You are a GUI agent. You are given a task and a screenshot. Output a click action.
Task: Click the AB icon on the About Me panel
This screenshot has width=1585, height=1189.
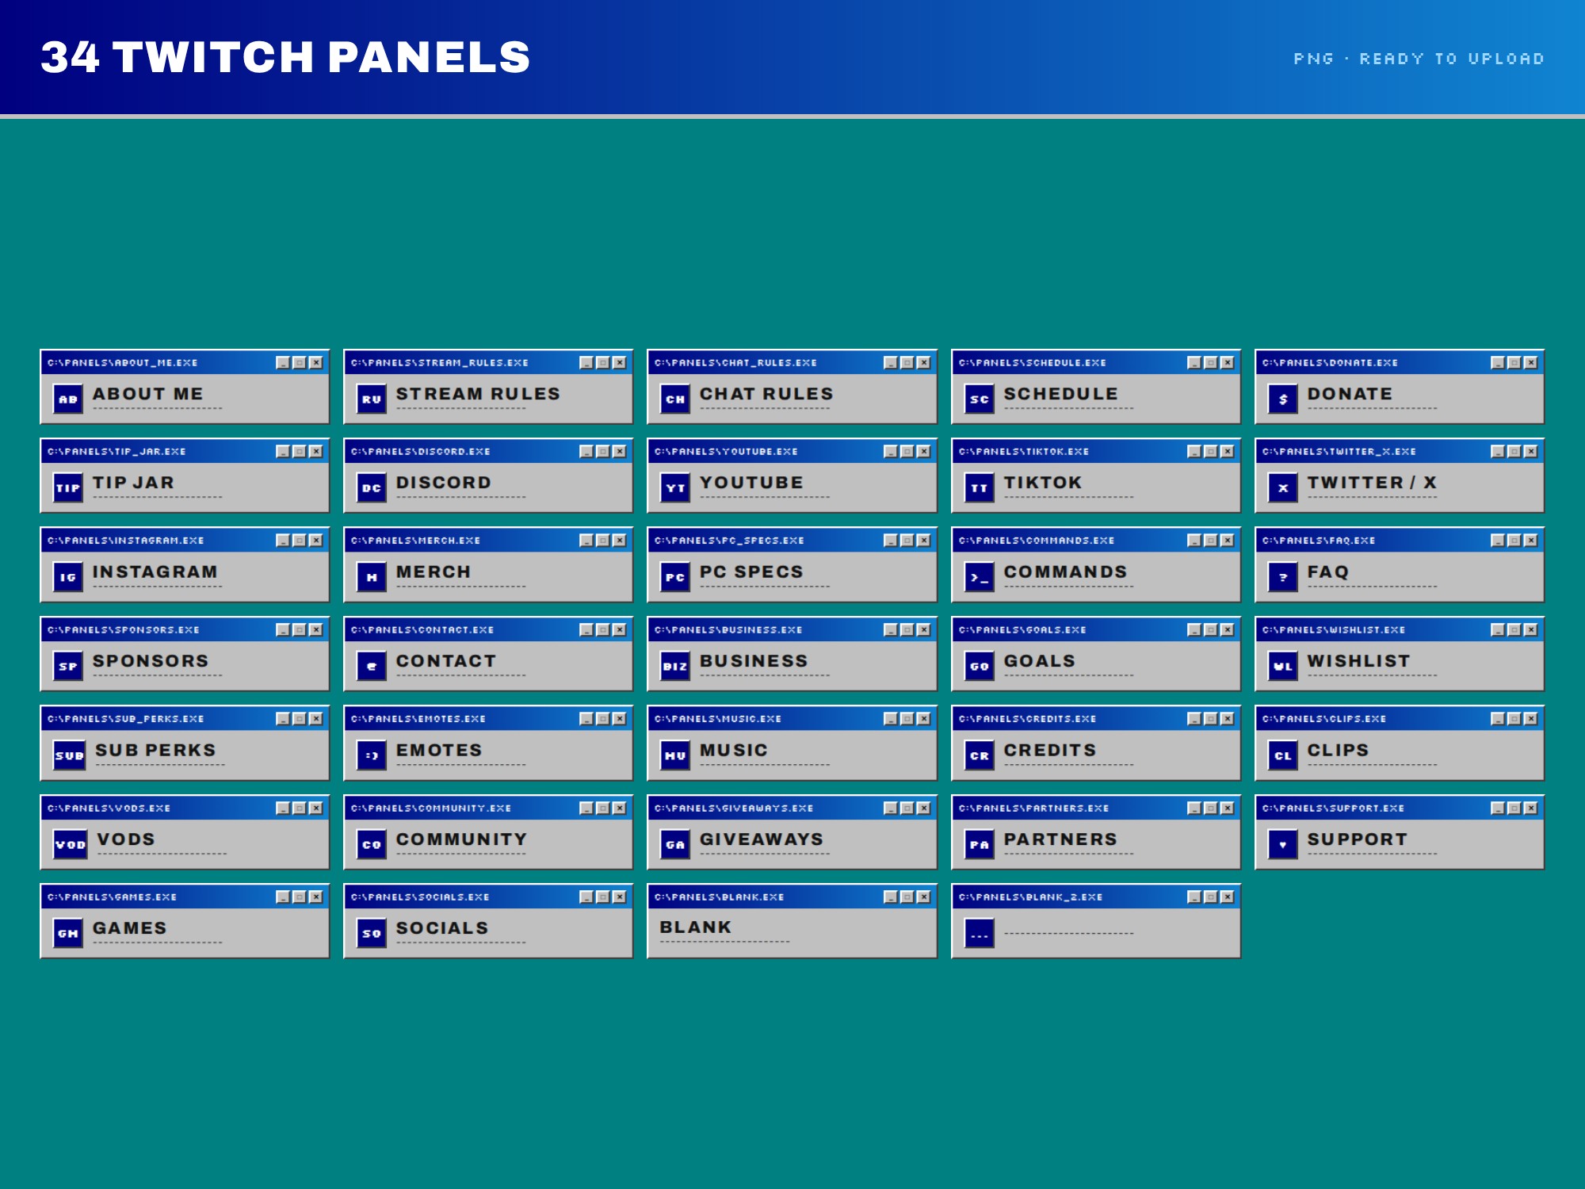tap(68, 399)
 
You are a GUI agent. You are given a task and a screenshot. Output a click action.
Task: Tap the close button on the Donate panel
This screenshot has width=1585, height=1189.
tap(1531, 362)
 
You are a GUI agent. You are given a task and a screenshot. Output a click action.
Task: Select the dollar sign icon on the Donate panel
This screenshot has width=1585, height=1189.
tap(1283, 399)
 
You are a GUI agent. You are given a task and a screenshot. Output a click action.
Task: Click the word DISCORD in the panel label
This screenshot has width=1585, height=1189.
tap(444, 483)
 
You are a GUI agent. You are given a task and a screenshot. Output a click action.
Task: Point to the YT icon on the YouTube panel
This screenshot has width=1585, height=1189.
tap(675, 487)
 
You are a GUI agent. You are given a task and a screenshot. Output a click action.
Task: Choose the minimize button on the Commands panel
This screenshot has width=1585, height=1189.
tap(1194, 540)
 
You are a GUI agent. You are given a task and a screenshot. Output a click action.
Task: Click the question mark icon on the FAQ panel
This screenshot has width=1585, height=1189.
tap(1283, 577)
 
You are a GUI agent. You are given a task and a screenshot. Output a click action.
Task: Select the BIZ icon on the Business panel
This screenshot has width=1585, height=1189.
tap(675, 666)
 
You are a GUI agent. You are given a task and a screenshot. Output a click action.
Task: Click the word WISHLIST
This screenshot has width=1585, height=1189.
tap(1358, 661)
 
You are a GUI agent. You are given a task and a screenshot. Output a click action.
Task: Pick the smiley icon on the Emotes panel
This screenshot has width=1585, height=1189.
tap(372, 755)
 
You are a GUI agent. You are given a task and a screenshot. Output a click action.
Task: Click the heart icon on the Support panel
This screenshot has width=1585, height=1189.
tap(1283, 844)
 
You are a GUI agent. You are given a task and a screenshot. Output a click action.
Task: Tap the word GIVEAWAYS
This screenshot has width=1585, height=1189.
tap(762, 839)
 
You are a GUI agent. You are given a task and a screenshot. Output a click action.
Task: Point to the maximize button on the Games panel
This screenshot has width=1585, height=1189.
tap(300, 897)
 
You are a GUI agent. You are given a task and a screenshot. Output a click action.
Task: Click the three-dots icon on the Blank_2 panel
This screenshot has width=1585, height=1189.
tap(980, 933)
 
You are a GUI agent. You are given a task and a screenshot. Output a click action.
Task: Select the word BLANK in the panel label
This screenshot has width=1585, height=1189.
tap(696, 927)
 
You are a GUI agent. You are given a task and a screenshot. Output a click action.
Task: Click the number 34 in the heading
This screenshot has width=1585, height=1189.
tap(71, 57)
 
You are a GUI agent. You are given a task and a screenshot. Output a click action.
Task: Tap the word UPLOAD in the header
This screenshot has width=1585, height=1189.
tap(1506, 59)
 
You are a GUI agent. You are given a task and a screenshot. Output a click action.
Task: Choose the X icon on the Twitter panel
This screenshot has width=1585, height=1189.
tap(1283, 487)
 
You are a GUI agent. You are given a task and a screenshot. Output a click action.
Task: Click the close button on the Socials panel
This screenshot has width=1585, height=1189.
tap(620, 897)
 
